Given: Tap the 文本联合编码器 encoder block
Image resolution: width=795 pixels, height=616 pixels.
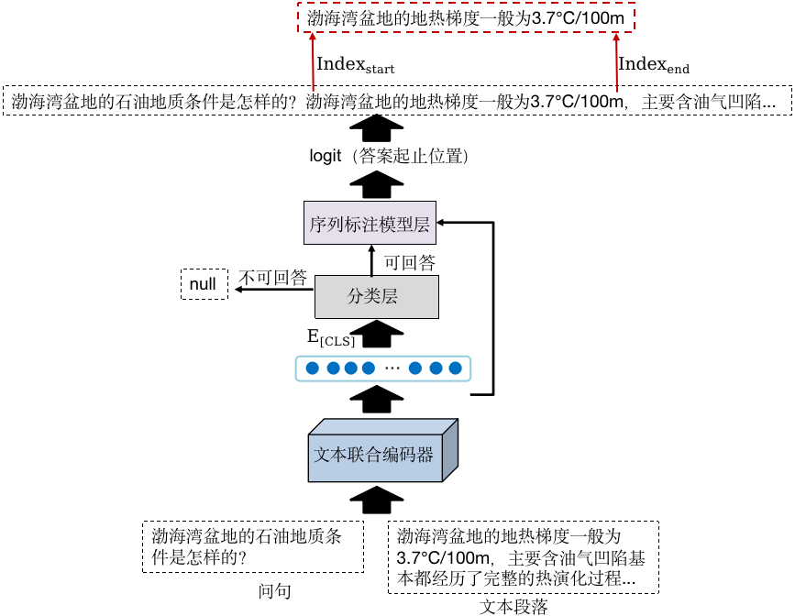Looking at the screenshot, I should coord(374,454).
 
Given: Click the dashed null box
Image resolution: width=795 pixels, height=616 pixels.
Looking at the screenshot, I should coord(203,284).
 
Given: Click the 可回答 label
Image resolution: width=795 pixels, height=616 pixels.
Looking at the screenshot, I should coord(409,263).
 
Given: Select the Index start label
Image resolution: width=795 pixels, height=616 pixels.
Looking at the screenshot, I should coord(355,65).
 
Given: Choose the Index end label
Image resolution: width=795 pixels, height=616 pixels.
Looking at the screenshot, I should coord(654,65).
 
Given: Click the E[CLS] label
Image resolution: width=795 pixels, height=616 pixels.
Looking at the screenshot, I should coord(330,337).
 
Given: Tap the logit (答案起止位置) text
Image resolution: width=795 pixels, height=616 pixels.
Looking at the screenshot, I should coord(390,157).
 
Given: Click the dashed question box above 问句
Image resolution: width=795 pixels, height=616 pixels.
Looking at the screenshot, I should coord(253,546).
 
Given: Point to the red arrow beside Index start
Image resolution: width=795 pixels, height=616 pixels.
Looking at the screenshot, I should coord(312,61).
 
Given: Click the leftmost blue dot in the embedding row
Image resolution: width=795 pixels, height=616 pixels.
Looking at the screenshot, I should coord(312,368).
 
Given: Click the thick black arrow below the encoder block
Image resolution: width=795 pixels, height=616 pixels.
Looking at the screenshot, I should coord(376,500).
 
